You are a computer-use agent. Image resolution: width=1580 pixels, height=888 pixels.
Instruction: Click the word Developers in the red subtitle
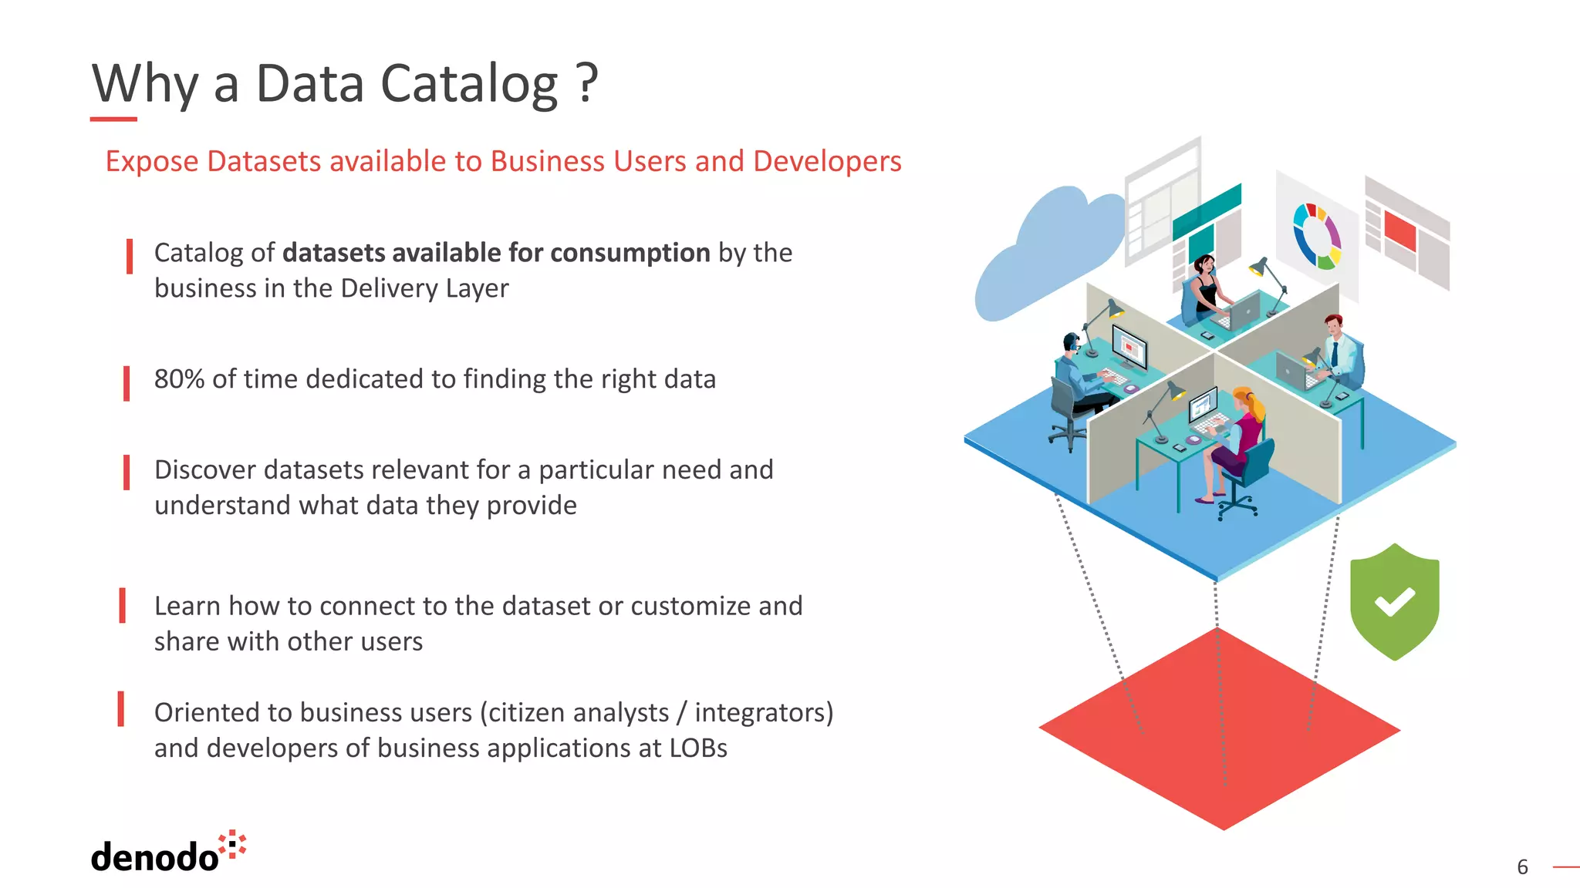(827, 161)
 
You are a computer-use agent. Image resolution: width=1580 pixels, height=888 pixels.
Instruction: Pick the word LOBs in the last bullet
(698, 748)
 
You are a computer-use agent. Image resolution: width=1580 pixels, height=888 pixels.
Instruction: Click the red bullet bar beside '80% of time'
(127, 383)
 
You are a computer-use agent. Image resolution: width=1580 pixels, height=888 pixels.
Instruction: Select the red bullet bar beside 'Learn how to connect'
(123, 605)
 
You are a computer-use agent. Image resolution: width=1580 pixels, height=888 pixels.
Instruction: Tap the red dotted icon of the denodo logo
(232, 845)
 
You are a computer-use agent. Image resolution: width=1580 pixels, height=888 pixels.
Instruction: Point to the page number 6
(1522, 867)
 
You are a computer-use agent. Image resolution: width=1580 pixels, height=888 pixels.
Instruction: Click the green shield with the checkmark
(1394, 601)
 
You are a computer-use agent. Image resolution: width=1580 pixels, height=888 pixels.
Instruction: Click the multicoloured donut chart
(1318, 235)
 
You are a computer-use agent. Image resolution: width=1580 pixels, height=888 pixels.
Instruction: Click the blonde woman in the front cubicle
(1238, 439)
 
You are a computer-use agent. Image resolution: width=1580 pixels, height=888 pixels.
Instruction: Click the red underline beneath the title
(113, 119)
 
